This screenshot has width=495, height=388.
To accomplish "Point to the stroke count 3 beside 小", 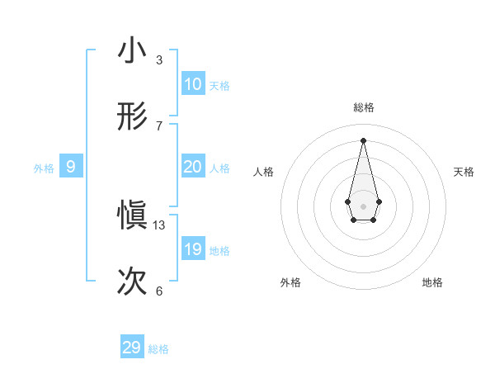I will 159,59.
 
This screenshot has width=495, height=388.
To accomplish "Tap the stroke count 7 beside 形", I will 159,125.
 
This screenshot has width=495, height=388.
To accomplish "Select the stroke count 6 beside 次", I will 159,291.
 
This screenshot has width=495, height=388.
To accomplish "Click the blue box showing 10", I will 193,84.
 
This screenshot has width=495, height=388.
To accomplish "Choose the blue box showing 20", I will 193,167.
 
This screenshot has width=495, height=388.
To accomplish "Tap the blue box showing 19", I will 193,249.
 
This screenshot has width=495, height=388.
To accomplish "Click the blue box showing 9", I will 71,167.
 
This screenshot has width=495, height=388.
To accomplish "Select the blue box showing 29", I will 132,348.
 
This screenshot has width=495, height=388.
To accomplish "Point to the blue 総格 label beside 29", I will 158,349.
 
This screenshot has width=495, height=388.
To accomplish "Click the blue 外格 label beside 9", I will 44,168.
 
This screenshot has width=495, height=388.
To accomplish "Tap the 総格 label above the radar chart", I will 364,107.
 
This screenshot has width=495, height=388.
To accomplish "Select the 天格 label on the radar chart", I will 464,172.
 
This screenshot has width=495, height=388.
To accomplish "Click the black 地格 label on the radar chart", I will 432,282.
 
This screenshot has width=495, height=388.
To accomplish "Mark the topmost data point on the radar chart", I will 364,140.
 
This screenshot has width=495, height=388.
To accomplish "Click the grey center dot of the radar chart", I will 364,206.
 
